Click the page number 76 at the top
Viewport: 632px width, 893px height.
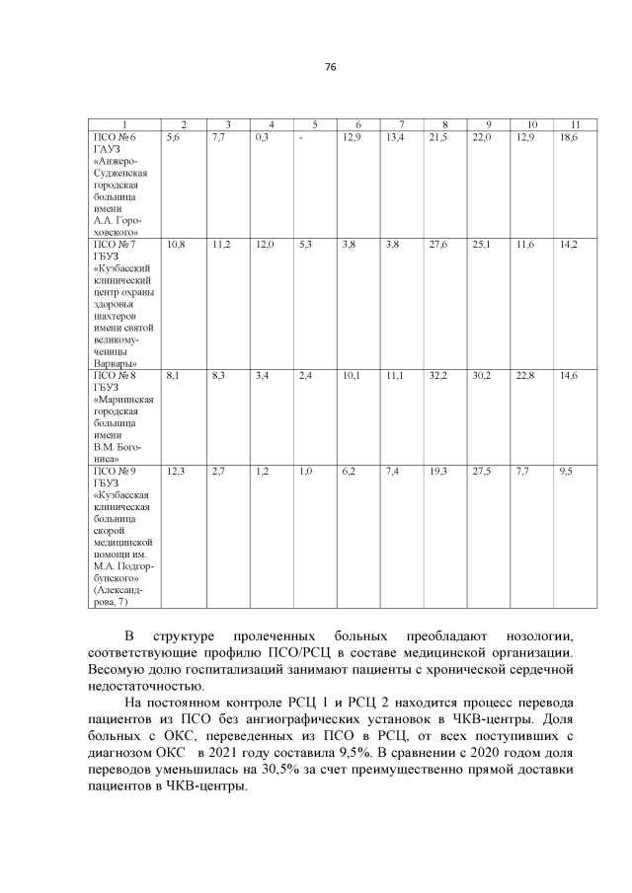tap(331, 66)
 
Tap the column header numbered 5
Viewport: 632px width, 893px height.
tap(314, 123)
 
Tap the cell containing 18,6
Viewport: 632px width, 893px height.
tap(568, 136)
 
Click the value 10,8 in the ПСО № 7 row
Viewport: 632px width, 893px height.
tap(177, 242)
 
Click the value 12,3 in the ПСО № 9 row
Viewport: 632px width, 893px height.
tap(177, 472)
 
